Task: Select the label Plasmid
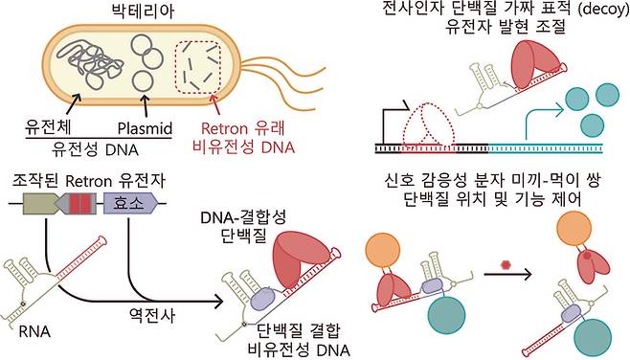click(x=143, y=128)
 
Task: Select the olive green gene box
click(x=41, y=204)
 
